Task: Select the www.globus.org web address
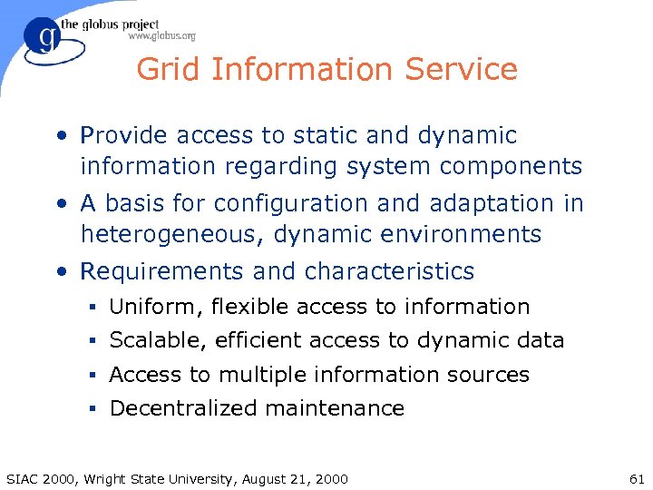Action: click(x=161, y=36)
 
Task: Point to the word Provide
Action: click(x=124, y=136)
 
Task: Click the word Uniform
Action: click(x=154, y=308)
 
